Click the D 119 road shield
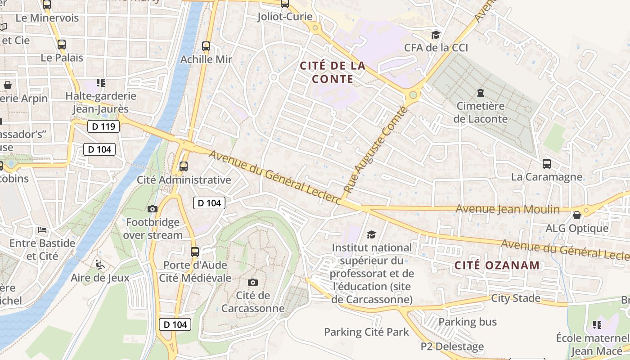pyautogui.click(x=103, y=126)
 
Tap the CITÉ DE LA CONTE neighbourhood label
pyautogui.click(x=333, y=72)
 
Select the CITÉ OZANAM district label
pyautogui.click(x=497, y=265)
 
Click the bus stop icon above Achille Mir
pyautogui.click(x=206, y=46)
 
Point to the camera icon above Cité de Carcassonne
pyautogui.click(x=253, y=282)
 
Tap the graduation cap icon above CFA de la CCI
pyautogui.click(x=436, y=35)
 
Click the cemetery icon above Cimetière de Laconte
pyautogui.click(x=481, y=93)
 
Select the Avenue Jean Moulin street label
pyautogui.click(x=508, y=209)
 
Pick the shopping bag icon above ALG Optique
pyautogui.click(x=577, y=215)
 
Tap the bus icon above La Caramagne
pyautogui.click(x=546, y=164)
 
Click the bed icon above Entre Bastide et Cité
pyautogui.click(x=42, y=230)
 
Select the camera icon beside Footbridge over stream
pyautogui.click(x=153, y=209)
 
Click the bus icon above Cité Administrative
pyautogui.click(x=184, y=166)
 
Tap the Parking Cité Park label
pyautogui.click(x=366, y=332)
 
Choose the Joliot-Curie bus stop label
pyautogui.click(x=285, y=17)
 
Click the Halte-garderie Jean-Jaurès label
pyautogui.click(x=101, y=102)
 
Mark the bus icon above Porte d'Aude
pyautogui.click(x=195, y=252)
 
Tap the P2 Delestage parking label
pyautogui.click(x=452, y=346)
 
